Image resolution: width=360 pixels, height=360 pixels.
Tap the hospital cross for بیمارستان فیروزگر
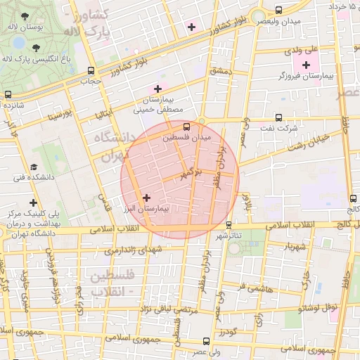coord(307,65)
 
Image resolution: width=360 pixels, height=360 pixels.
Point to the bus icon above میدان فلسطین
coord(186,127)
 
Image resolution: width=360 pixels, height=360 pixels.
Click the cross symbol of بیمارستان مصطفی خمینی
coord(157,89)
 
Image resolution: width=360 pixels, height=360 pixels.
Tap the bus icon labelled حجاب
coord(91,70)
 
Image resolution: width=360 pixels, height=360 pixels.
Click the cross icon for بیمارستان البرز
coord(146,198)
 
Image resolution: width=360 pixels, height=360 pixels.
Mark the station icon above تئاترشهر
coord(229,225)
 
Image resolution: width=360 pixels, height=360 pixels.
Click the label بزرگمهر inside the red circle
coord(191,172)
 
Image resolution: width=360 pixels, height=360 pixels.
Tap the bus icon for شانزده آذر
coord(8,94)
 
